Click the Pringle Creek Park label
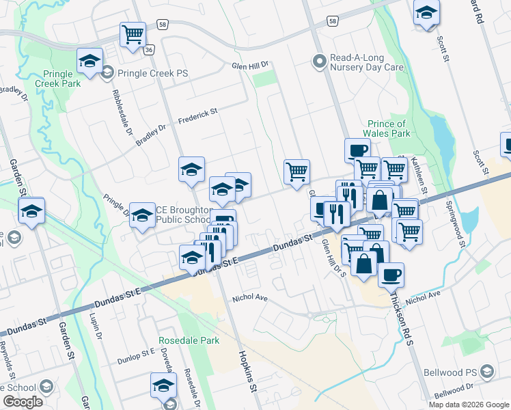tap(61, 79)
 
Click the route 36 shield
tap(150, 49)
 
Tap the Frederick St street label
tap(197, 113)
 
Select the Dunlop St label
tap(137, 356)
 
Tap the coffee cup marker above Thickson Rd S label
tap(391, 274)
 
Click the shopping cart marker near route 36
tap(133, 34)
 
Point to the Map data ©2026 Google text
tap(469, 405)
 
